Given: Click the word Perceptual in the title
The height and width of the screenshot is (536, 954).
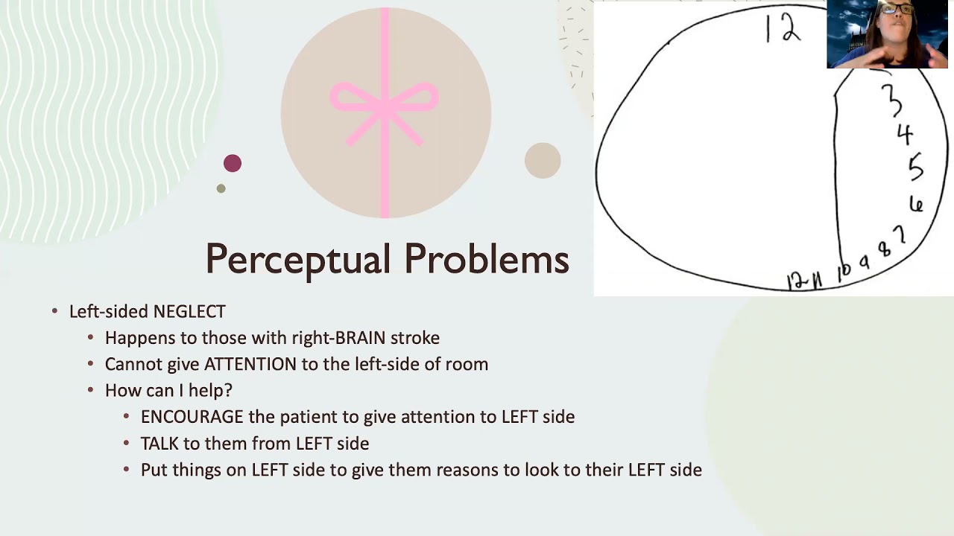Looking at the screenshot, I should point(297,260).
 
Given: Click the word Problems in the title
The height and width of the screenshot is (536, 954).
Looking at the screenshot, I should point(487,260).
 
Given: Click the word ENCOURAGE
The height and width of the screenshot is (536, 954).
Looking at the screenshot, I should point(192,417).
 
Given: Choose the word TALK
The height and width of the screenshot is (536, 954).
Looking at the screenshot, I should point(159,444).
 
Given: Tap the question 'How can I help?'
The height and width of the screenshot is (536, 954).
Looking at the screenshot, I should point(168,390).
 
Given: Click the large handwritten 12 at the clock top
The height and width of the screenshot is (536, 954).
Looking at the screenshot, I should point(783,30).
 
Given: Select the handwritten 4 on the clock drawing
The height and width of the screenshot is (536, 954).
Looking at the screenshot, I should point(905,135).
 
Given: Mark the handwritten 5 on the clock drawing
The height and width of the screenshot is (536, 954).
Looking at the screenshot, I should point(915,167).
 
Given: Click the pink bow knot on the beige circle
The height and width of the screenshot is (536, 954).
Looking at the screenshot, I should point(385,104).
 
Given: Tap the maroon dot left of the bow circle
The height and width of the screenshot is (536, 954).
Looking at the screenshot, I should point(233,164).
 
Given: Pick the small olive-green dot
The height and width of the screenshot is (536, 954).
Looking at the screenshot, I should point(221,188).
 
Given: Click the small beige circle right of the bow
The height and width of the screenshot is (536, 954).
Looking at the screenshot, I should point(543,161).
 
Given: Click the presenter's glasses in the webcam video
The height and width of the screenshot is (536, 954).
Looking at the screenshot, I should point(897,10).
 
